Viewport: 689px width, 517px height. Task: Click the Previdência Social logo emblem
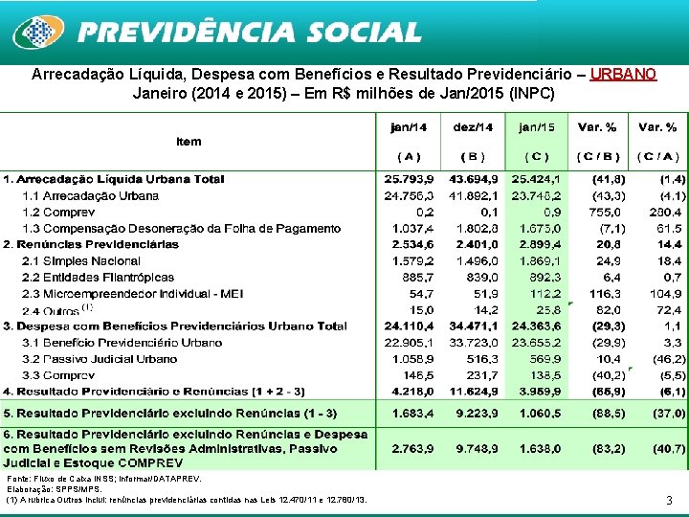point(36,32)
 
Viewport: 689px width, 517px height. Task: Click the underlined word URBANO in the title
point(623,75)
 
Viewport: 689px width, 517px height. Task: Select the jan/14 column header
point(409,126)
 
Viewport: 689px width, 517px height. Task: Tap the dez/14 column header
point(473,126)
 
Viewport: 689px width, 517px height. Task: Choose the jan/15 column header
point(536,126)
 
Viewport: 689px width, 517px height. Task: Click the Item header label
point(189,142)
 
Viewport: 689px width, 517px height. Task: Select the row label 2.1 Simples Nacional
point(80,260)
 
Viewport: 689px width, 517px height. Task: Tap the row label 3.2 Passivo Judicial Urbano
point(100,359)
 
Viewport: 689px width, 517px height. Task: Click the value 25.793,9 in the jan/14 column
point(409,179)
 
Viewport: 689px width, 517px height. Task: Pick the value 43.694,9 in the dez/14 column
point(472,179)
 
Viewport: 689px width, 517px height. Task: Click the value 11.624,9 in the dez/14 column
point(472,392)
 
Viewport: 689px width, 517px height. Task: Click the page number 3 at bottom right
point(668,500)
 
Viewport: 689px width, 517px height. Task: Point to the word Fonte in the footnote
point(18,478)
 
